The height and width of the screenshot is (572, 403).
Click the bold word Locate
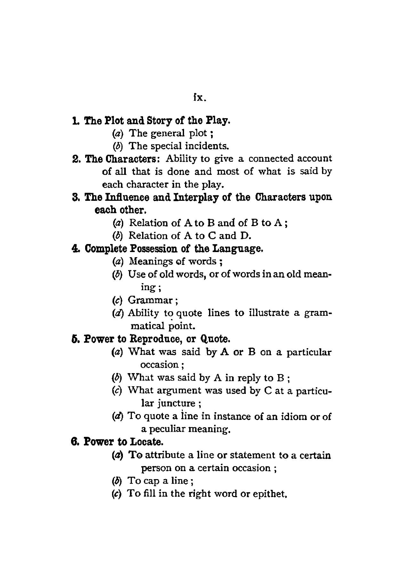click(146, 442)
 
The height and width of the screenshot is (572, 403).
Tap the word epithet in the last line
click(268, 494)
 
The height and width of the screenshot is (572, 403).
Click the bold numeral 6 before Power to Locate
click(74, 442)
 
